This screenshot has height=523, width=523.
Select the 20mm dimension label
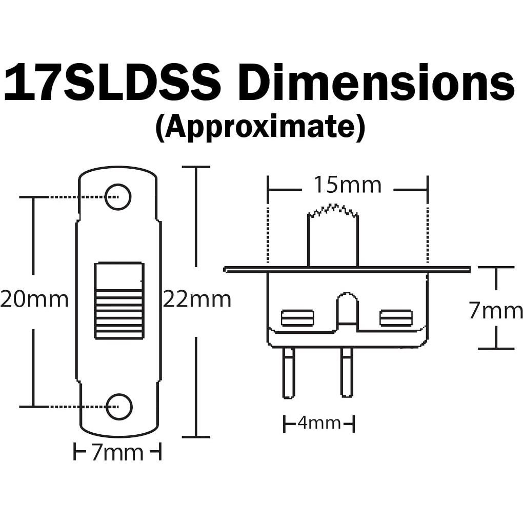point(34,299)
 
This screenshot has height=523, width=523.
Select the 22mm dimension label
point(197,299)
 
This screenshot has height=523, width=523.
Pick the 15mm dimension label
point(348,185)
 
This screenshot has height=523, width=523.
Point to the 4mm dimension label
point(319,424)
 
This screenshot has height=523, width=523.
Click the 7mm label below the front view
point(117,453)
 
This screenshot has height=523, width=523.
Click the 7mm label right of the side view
point(495,311)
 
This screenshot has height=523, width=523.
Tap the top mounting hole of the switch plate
point(118,196)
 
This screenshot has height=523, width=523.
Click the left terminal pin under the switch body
point(289,372)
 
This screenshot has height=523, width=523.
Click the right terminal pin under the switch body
point(347,372)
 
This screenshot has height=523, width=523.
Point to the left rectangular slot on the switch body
point(297,318)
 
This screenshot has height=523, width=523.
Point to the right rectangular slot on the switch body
point(395,318)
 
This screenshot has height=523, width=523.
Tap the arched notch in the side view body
point(347,308)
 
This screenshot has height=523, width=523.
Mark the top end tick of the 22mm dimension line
point(196,167)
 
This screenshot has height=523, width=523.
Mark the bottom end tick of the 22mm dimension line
point(196,437)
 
